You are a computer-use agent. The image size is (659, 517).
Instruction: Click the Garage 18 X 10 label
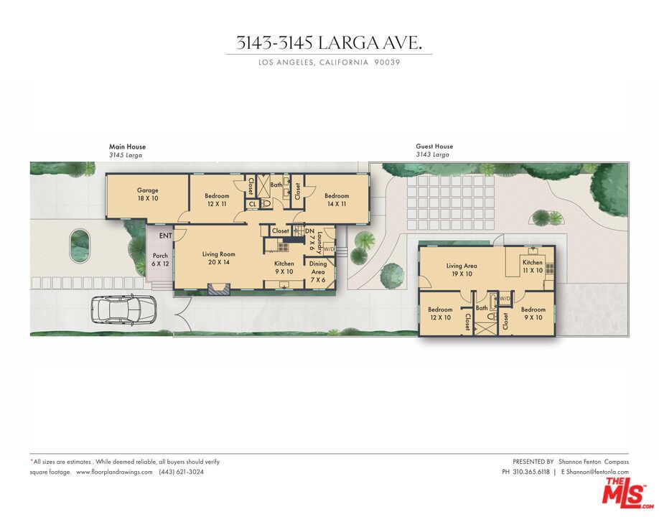coord(148,194)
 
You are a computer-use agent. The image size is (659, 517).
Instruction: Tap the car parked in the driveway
coord(124,310)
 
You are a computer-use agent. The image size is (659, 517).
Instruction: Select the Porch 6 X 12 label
coord(161,259)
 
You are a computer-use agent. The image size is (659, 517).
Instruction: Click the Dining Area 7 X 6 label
coord(318,267)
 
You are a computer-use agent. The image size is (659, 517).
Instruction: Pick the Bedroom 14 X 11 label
coord(336,200)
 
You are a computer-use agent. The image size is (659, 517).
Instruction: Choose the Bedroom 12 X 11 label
coord(216,200)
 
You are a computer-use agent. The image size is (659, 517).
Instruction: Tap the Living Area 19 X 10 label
coord(462,269)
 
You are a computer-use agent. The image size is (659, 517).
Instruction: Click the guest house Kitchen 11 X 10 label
coord(533,266)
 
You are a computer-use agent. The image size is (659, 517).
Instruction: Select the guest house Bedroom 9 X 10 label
coord(533,313)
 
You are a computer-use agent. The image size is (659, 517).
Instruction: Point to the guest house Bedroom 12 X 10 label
coord(440,313)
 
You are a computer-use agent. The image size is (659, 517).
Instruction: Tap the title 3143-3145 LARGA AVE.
coord(329,43)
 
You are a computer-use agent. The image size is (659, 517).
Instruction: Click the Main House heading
coord(127,146)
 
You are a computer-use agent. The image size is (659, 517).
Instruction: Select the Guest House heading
coord(434,146)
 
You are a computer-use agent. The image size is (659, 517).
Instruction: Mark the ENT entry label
coord(165,236)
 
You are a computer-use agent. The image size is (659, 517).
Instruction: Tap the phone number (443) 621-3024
coord(181,472)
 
